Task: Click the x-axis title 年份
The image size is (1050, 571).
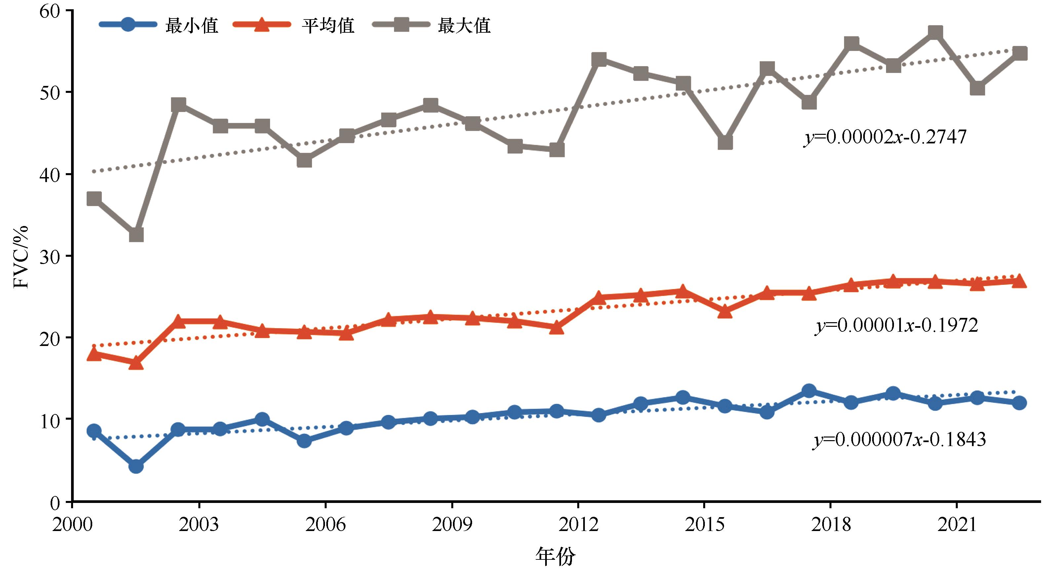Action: (x=555, y=557)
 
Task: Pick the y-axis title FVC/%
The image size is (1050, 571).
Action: (x=21, y=256)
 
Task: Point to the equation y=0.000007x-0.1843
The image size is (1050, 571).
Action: (x=899, y=439)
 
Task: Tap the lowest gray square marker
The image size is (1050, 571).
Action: (x=136, y=235)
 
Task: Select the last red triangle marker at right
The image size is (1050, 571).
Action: (x=1019, y=281)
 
